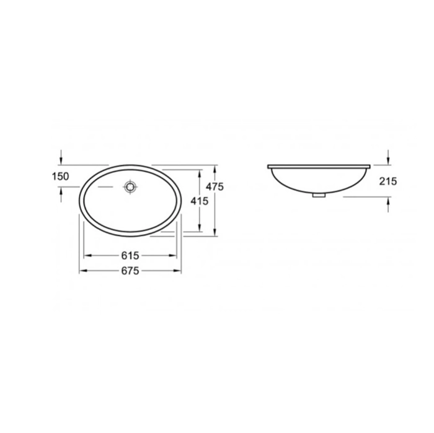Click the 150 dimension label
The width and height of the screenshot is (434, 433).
point(60,176)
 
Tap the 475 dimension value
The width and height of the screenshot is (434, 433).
point(215,187)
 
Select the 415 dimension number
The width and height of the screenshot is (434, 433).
point(199,201)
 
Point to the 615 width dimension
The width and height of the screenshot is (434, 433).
point(130,255)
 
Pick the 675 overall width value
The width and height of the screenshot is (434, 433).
point(130,271)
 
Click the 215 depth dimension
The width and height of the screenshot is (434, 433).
point(388,182)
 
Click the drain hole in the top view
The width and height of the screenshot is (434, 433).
point(130,187)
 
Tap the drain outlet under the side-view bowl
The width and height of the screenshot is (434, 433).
point(319,195)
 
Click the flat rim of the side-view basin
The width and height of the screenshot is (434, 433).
point(319,167)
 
